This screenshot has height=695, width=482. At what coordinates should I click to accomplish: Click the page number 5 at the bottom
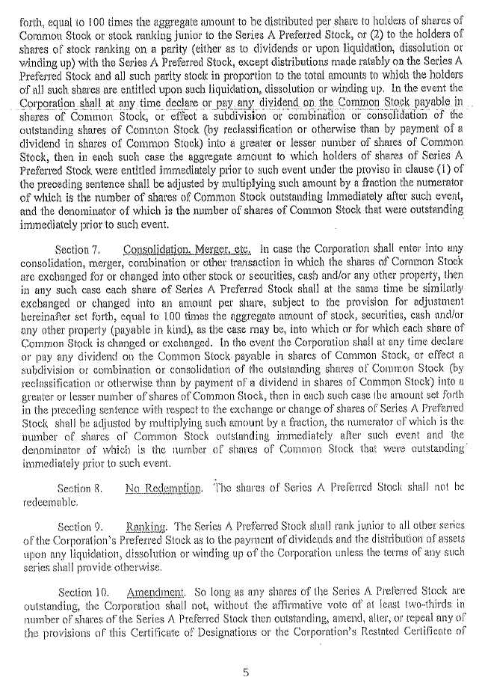click(x=244, y=672)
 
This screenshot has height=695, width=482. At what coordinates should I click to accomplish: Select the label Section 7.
click(x=75, y=248)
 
